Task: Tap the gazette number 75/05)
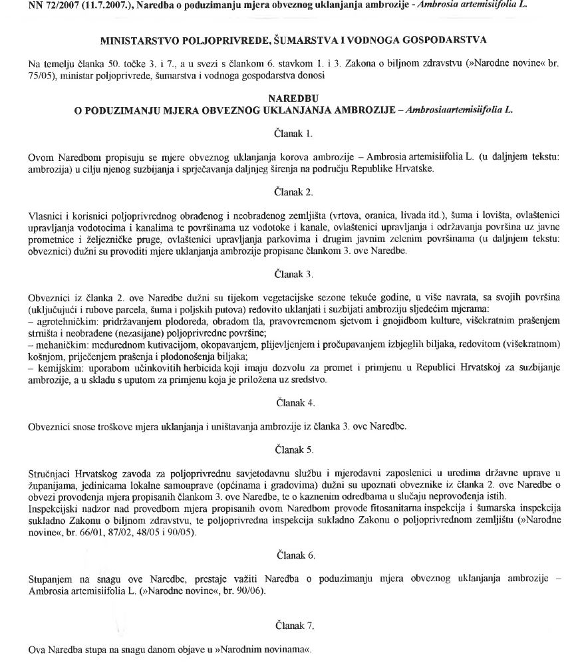pyautogui.click(x=43, y=76)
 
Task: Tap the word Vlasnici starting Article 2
pyautogui.click(x=46, y=215)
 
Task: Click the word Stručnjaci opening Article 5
pyautogui.click(x=51, y=473)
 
